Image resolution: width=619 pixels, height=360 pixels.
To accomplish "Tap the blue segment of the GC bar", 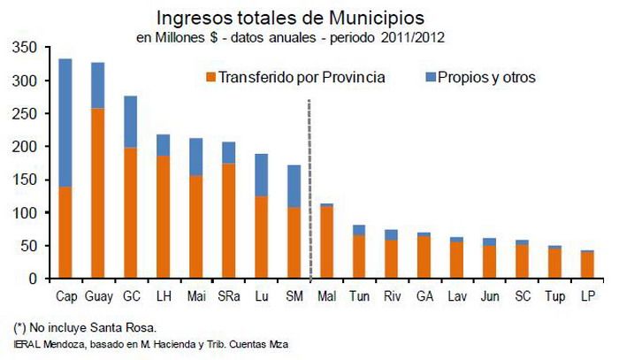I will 130,121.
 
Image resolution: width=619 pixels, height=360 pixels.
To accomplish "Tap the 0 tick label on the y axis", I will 33,279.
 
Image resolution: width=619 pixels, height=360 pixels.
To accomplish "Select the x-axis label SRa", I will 227,295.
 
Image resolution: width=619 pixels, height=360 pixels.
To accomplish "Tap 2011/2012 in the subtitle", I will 413,37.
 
